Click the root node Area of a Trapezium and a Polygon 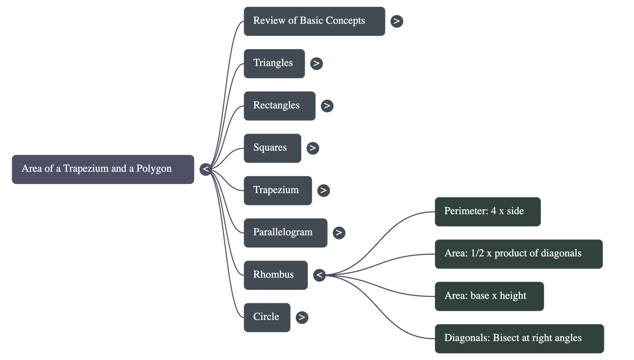pos(103,169)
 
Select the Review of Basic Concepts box pos(314,21)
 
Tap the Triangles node pos(274,63)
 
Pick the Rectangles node pos(279,106)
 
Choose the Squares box pos(272,148)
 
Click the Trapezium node pos(277,190)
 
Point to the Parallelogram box pos(285,233)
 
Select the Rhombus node pos(275,275)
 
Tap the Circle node pos(267,317)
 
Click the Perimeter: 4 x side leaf pos(487,211)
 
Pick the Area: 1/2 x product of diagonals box pos(519,254)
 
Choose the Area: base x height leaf pos(489,296)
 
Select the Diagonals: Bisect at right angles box pos(519,338)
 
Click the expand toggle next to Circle pos(302,317)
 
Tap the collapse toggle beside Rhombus pos(319,275)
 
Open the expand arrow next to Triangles pos(316,63)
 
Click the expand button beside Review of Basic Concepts pos(397,21)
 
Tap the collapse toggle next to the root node pos(206,169)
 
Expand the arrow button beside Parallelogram pos(339,233)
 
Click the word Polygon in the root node pos(154,169)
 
